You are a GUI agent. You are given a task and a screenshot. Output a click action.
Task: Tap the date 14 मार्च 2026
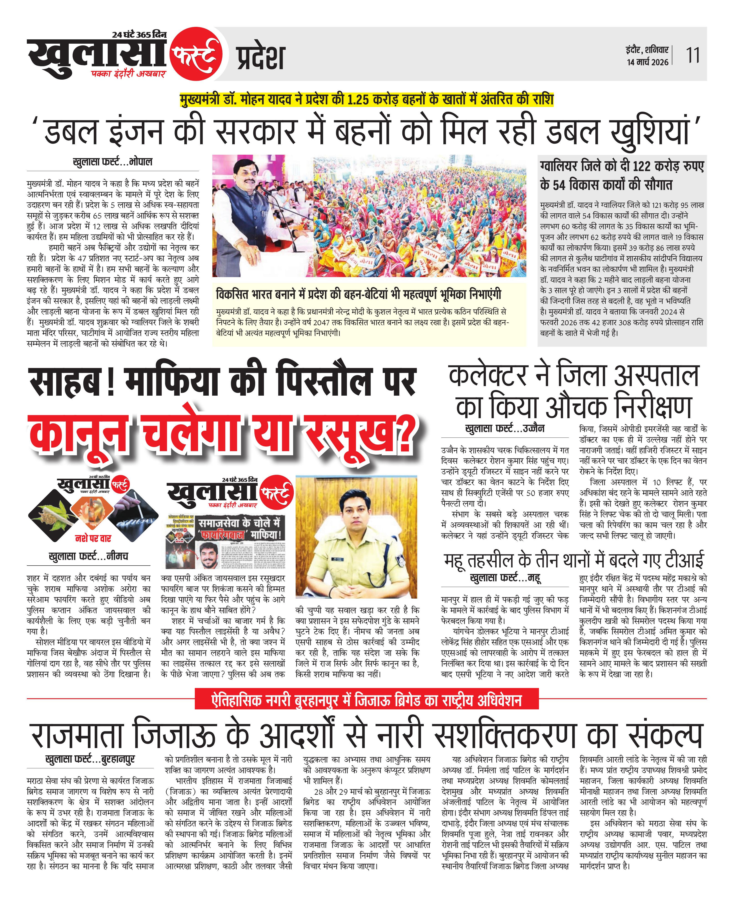tap(647, 62)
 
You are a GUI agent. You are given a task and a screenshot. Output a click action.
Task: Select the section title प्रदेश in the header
tap(261, 58)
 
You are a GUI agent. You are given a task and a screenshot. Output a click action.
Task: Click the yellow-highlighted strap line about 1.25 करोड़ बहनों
tap(366, 100)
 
